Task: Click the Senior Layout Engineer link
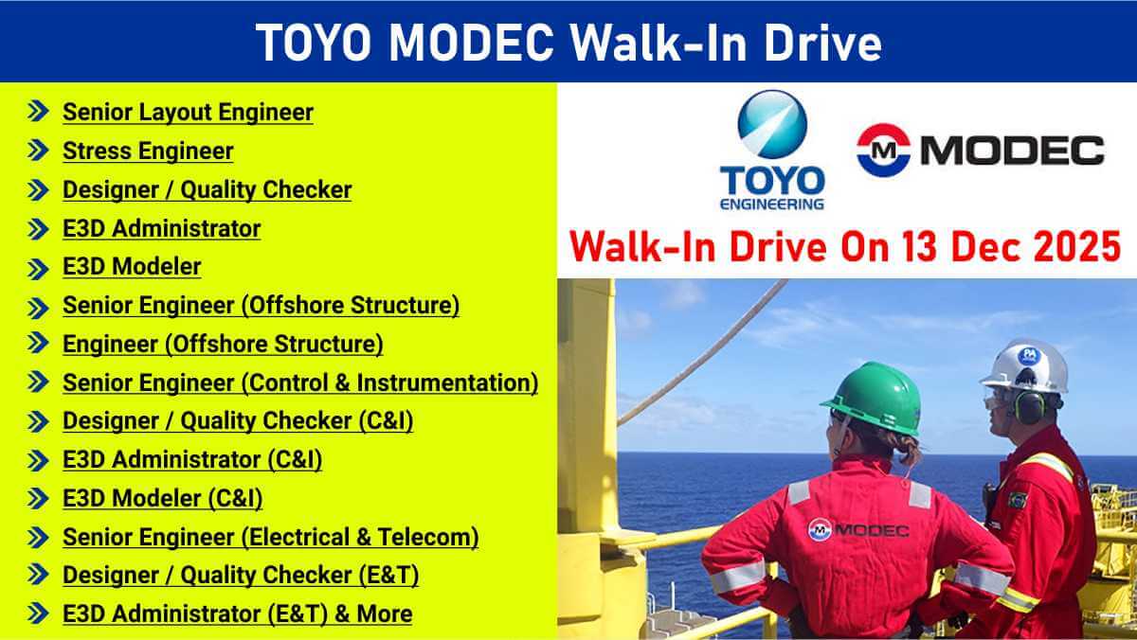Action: (188, 112)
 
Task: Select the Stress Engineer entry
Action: (148, 151)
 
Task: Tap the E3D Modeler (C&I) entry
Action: (162, 498)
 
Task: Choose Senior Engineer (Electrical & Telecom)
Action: (271, 537)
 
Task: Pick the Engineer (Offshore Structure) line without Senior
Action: (223, 344)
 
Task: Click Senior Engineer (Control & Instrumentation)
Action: (300, 382)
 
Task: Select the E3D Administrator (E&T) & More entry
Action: (237, 613)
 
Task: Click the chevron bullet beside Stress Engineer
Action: (38, 151)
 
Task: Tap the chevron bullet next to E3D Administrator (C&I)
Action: (38, 461)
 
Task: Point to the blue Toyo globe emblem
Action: (772, 124)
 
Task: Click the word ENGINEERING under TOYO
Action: (772, 204)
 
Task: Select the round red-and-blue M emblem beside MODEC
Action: (884, 151)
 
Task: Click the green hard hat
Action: (874, 399)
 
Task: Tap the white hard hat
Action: (1025, 366)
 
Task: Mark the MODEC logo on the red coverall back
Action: (858, 530)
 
